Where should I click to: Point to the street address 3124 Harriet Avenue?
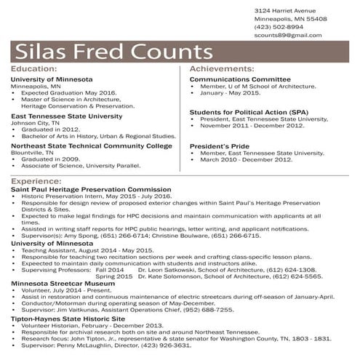click(x=285, y=11)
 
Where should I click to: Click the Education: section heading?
click(x=35, y=68)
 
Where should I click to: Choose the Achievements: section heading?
click(x=221, y=68)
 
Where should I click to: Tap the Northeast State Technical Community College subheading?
click(x=92, y=145)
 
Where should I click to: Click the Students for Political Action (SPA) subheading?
click(x=249, y=112)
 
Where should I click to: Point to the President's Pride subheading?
click(x=221, y=145)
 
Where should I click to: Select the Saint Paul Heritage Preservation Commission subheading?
click(x=91, y=188)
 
